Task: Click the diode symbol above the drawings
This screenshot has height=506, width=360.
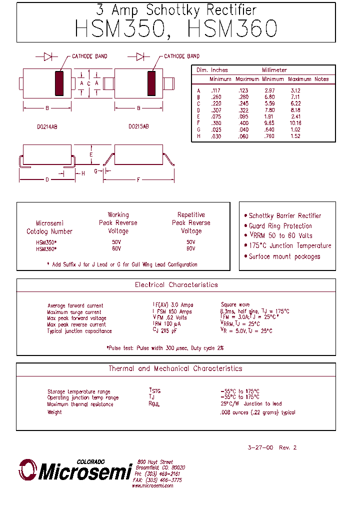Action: [48, 56]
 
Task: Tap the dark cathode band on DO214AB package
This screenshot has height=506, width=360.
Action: [59, 83]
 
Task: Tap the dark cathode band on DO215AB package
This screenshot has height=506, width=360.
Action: [151, 83]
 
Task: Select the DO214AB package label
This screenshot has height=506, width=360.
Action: [47, 127]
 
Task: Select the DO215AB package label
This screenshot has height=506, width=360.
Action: [138, 127]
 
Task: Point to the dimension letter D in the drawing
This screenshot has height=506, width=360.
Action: [47, 180]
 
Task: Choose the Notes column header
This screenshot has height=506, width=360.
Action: [321, 79]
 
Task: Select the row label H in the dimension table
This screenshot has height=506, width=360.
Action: [198, 136]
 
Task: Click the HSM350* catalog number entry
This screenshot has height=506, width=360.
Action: [46, 242]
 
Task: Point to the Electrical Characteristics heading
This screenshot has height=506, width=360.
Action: [176, 285]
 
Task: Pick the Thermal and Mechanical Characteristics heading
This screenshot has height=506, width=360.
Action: [175, 368]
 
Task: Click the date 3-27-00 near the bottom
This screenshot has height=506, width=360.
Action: [260, 447]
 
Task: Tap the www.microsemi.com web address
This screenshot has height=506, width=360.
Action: [152, 485]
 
